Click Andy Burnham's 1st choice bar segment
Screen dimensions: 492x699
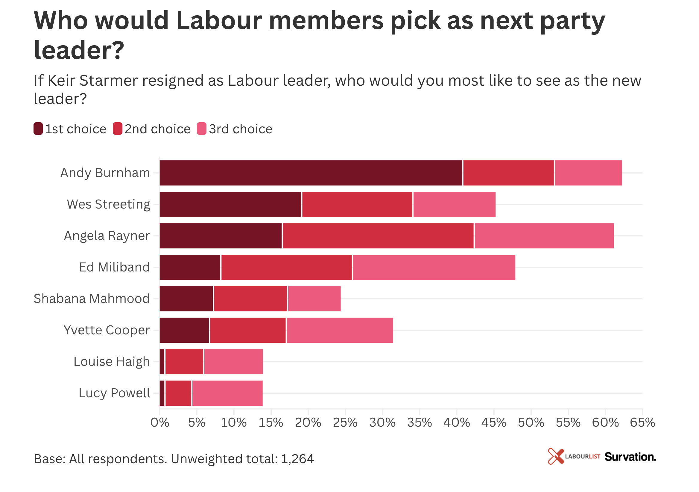[x=311, y=173]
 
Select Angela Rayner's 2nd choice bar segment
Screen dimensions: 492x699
[x=378, y=236]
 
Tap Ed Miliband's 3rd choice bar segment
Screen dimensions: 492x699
[x=434, y=267]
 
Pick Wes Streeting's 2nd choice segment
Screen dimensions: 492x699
[x=357, y=204]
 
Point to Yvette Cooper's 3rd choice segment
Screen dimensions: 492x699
[x=339, y=330]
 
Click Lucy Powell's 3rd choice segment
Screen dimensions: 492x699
[x=227, y=393]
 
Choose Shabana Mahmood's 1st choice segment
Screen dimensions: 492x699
[x=186, y=299]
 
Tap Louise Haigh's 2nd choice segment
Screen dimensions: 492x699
[x=184, y=362]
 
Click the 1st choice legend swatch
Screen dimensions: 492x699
[x=38, y=129]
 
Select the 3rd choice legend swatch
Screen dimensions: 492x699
[x=202, y=129]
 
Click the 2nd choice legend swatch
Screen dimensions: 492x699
[x=118, y=129]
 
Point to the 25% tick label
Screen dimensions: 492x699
[x=345, y=422]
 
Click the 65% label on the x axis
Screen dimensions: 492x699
[x=642, y=422]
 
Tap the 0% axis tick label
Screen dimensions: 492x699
[x=160, y=422]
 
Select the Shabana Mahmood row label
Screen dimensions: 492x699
[x=92, y=299]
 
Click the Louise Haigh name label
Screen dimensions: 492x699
[x=112, y=362]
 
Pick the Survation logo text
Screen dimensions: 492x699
[x=630, y=457]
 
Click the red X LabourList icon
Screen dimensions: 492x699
[x=556, y=456]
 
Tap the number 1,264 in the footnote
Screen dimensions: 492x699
[x=297, y=459]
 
